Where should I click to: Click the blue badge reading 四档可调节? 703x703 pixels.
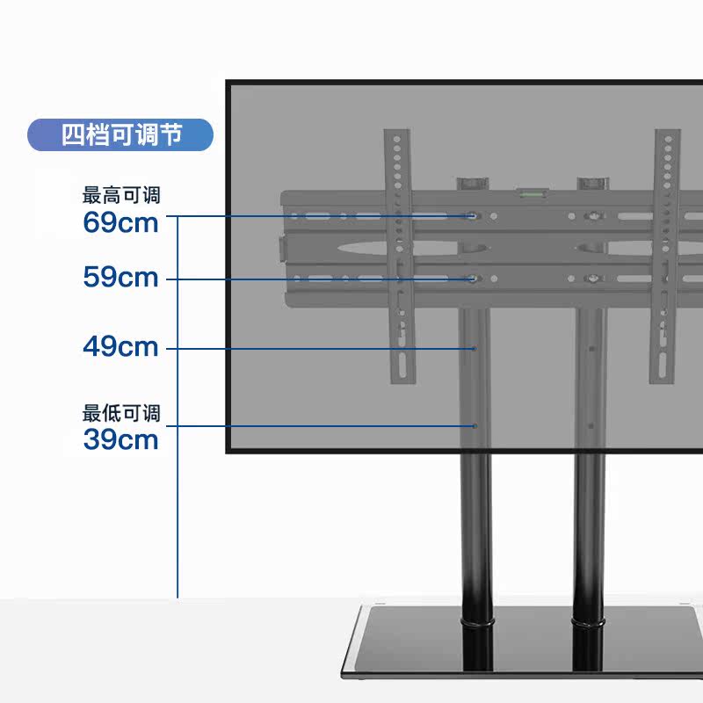[120, 135]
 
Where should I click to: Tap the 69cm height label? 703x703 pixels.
[120, 222]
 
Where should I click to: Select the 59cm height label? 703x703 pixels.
[120, 278]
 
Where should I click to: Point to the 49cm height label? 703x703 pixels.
[120, 347]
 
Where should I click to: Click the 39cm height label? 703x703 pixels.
[120, 439]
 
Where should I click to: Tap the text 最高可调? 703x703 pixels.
[121, 195]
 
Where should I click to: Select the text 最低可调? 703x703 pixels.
[121, 413]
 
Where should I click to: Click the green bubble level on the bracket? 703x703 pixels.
[530, 190]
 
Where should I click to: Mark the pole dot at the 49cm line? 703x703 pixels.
[474, 349]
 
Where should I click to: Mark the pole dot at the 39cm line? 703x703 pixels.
[474, 426]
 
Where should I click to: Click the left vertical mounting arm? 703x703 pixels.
[398, 255]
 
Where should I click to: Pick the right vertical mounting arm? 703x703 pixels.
[665, 255]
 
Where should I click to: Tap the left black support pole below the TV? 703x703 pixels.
[475, 527]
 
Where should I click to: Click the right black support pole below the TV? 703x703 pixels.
[590, 527]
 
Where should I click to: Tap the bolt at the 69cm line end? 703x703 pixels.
[473, 215]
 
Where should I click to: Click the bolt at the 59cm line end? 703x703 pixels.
[473, 279]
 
